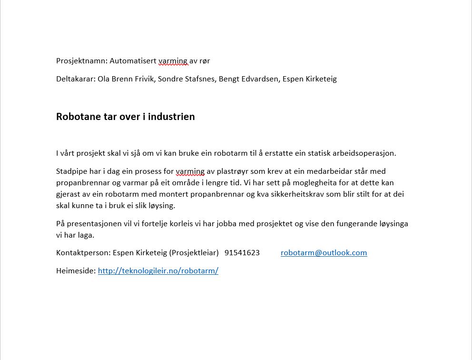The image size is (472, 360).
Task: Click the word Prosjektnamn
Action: coord(81,61)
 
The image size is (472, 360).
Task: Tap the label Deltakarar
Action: coord(75,79)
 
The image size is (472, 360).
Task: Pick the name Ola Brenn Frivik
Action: coord(126,79)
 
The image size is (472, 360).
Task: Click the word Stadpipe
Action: coord(71,171)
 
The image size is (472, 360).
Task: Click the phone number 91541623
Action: coord(242,253)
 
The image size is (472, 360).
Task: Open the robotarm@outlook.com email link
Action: coord(324,253)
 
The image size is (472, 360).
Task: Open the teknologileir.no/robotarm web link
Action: coord(158,271)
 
